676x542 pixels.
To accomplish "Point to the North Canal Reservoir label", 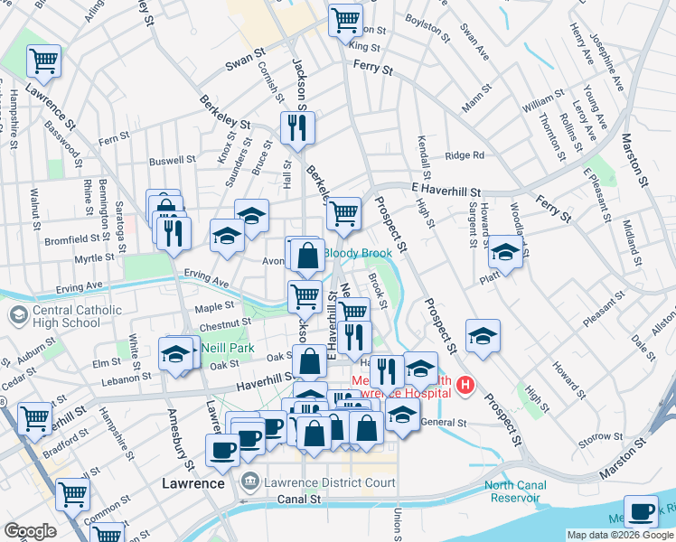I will (515, 491).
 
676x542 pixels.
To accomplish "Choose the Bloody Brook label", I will (358, 254).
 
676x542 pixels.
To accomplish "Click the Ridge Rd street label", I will (465, 155).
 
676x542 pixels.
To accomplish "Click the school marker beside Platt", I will (505, 252).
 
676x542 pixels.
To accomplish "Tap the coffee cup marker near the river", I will (641, 511).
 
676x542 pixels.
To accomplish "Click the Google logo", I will (30, 531).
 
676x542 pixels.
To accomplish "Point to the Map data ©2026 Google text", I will (619, 535).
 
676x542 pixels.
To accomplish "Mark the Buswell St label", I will (173, 160).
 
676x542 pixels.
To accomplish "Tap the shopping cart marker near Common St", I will (72, 494).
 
